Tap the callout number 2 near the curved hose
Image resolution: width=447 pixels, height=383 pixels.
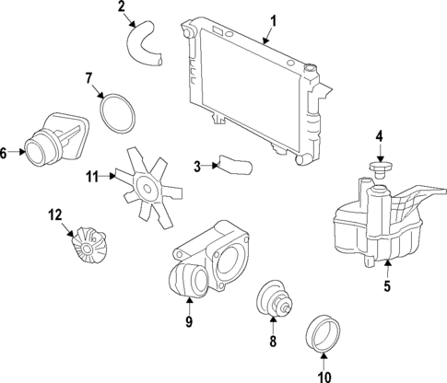122,8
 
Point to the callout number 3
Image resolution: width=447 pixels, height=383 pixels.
197,166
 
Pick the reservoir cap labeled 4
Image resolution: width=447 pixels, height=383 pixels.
379,171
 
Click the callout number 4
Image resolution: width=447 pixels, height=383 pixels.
378,140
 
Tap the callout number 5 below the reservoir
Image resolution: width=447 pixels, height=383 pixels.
387,286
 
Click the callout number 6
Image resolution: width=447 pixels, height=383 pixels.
6,153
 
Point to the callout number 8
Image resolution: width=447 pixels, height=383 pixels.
273,342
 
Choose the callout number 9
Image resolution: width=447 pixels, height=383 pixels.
188,321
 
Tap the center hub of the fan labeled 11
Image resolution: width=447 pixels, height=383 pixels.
145,187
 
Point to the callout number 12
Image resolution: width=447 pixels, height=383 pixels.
55,215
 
